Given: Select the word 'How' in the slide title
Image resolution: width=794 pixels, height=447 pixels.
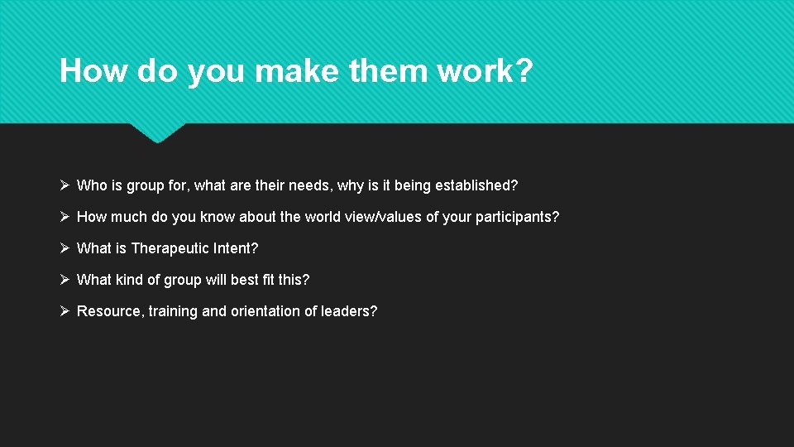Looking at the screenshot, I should click(93, 71).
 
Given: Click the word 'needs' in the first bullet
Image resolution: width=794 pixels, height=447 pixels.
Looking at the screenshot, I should click(309, 185).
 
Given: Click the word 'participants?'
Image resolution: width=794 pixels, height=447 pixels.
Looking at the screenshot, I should click(517, 217).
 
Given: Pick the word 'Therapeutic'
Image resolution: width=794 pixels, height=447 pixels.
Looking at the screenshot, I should click(170, 248).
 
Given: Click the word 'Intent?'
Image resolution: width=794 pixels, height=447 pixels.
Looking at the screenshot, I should click(236, 248).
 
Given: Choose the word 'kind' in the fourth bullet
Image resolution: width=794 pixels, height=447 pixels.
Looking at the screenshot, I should click(128, 280).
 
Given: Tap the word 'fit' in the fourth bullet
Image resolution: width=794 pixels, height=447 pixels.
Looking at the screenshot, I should click(269, 280).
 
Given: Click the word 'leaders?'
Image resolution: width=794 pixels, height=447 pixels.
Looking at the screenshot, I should click(349, 311).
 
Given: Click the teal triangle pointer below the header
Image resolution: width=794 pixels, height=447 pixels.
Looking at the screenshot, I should click(157, 132).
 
